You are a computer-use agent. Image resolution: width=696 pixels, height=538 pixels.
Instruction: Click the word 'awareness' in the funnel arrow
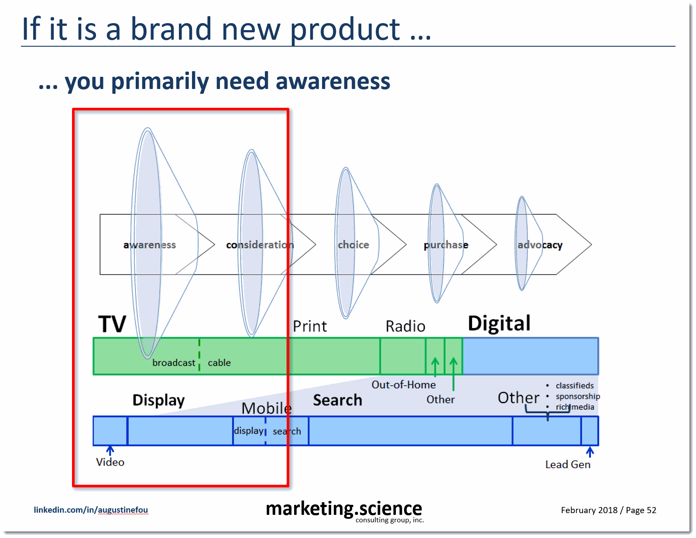click(150, 245)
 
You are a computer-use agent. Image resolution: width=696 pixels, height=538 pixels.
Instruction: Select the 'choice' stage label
click(353, 245)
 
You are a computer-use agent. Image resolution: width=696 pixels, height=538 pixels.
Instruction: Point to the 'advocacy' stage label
click(540, 245)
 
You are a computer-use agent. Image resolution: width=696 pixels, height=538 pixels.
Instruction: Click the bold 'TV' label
click(112, 324)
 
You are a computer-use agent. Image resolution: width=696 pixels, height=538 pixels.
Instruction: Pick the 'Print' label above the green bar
click(310, 326)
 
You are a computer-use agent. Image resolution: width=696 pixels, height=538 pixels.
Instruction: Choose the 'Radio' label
click(405, 326)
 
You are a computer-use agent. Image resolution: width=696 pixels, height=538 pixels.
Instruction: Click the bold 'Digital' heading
click(499, 323)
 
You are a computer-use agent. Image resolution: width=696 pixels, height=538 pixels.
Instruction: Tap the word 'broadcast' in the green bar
click(174, 363)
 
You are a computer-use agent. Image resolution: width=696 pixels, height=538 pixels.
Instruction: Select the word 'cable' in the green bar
click(219, 363)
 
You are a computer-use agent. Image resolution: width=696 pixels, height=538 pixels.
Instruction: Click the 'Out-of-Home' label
click(404, 384)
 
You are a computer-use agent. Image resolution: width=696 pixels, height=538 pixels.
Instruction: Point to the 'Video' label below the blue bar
click(110, 462)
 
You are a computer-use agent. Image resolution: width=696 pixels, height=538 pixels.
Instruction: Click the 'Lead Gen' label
click(568, 464)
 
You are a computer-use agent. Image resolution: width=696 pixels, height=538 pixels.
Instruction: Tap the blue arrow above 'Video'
click(110, 450)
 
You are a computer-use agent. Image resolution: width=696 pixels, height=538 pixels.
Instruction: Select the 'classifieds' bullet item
click(575, 386)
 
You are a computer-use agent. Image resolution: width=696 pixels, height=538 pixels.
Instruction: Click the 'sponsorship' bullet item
click(578, 397)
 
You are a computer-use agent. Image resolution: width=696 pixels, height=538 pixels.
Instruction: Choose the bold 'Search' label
click(338, 400)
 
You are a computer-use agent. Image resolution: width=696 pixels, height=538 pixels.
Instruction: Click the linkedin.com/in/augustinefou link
click(91, 510)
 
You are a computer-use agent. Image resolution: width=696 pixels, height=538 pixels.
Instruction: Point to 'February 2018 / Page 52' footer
click(609, 510)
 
